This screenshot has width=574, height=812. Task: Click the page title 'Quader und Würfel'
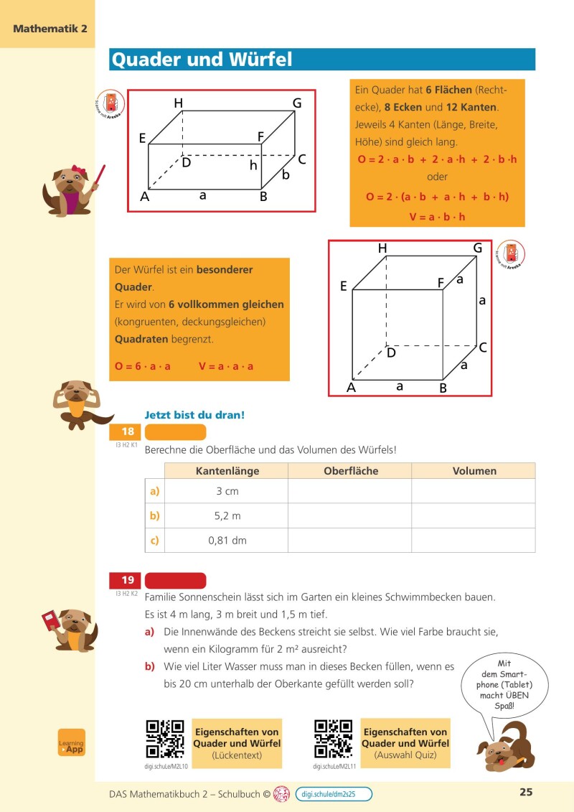tap(201, 60)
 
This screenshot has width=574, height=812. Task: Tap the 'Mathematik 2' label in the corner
tap(50, 29)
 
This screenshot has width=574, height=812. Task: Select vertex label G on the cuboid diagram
tap(296, 103)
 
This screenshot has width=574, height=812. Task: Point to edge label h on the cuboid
tap(253, 165)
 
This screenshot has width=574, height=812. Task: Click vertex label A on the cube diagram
tap(352, 388)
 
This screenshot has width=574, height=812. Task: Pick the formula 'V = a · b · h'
tap(437, 216)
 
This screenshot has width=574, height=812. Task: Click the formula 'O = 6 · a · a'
tap(143, 366)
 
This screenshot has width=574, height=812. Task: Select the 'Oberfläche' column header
tap(350, 471)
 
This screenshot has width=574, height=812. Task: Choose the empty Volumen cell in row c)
tap(474, 540)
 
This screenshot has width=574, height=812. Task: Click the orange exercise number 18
tap(127, 432)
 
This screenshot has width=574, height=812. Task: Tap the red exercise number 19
tap(127, 580)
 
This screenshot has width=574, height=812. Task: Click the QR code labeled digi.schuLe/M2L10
tap(165, 739)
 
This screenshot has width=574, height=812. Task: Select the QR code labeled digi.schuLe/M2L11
tap(333, 739)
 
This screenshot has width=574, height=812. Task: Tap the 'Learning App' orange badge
tap(72, 742)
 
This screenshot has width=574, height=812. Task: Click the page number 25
tap(526, 793)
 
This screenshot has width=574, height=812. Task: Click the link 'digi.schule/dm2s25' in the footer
tap(337, 793)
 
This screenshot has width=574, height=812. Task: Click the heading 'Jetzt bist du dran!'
tap(194, 415)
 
